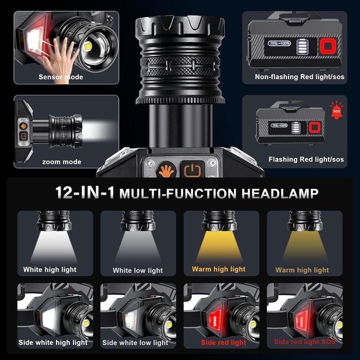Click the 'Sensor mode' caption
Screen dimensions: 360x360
61,77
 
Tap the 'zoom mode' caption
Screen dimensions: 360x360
62,162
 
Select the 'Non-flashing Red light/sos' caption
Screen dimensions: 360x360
299,77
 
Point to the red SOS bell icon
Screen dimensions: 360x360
336,110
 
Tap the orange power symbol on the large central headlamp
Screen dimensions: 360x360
192,171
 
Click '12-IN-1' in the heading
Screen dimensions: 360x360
85,192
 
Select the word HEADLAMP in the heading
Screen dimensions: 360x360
280,193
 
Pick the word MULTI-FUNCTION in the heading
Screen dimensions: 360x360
178,193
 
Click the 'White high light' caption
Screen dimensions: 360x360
49,269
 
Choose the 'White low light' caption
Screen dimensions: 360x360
138,271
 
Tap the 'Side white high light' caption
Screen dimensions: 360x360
53,343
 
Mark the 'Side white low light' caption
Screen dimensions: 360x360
135,343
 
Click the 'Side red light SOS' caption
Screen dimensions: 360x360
305,341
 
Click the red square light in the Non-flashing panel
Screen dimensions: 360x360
328,46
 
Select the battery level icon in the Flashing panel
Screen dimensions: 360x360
296,128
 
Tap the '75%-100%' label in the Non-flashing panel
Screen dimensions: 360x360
279,43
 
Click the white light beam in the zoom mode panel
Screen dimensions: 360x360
99,131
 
